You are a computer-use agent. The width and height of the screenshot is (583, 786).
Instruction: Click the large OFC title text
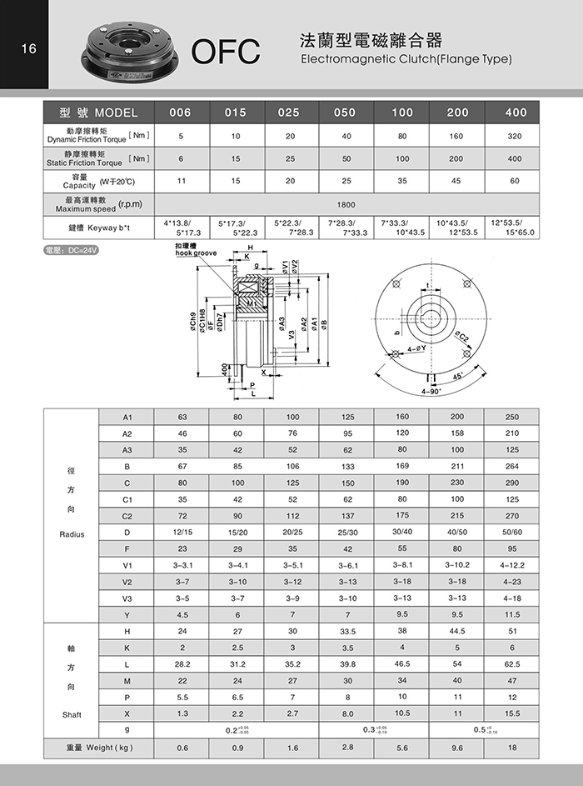[226, 52]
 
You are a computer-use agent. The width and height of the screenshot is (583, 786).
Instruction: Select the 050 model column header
[344, 113]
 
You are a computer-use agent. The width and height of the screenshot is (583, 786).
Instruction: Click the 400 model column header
[516, 113]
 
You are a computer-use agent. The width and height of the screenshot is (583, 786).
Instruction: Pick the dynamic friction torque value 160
[457, 135]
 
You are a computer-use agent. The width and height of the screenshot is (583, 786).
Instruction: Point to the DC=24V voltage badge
[70, 250]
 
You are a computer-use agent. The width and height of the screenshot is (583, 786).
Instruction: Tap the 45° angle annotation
[457, 375]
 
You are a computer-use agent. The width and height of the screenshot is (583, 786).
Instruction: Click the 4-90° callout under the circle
[432, 390]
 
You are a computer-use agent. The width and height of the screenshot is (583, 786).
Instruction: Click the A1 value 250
[511, 417]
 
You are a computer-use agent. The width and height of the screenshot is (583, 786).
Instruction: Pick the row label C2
[127, 515]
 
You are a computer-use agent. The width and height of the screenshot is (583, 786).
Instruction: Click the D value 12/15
[182, 532]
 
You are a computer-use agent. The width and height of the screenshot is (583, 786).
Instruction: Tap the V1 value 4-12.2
[511, 565]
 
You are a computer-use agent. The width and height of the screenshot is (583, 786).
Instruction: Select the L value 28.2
[182, 664]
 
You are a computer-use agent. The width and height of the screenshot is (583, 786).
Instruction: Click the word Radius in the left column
[72, 532]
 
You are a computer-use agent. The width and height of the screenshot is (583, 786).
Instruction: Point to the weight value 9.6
[456, 748]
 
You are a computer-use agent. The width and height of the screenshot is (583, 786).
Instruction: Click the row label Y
[127, 615]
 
